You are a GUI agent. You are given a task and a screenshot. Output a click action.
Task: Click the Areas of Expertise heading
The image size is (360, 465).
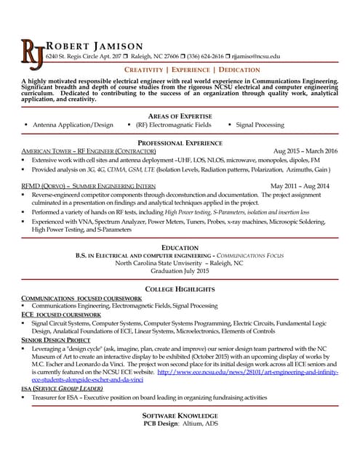180,116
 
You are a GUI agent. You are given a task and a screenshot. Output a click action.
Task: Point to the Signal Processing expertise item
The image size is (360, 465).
260,125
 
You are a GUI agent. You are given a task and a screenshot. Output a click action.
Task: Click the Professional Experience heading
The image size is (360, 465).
180,142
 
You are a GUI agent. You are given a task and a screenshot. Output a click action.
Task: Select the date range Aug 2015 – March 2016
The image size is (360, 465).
305,151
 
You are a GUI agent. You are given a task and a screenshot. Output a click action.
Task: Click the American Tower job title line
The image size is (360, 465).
89,151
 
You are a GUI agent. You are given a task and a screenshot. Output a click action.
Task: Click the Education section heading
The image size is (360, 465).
180,248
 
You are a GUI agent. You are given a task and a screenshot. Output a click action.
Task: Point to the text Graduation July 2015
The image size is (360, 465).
180,271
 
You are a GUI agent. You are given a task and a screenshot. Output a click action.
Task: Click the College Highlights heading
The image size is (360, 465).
180,289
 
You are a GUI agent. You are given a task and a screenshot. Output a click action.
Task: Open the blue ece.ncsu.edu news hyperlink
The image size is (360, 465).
247,371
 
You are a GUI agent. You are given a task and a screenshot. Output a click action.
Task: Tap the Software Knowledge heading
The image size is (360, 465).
180,415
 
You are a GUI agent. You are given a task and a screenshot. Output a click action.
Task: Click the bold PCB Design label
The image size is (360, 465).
161,423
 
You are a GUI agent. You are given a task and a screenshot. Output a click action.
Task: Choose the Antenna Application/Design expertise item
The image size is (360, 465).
73,125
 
